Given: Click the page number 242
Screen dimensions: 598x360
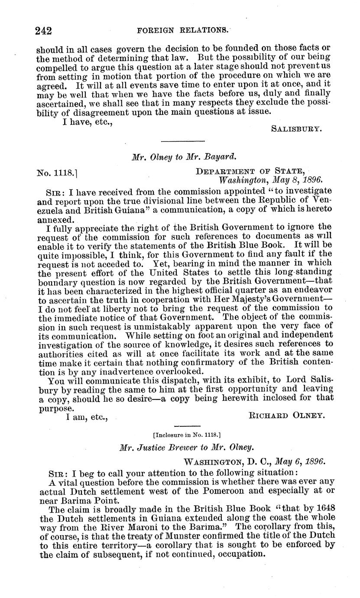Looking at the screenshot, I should coord(44,30).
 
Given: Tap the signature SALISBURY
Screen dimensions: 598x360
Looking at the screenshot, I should coord(296,128).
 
